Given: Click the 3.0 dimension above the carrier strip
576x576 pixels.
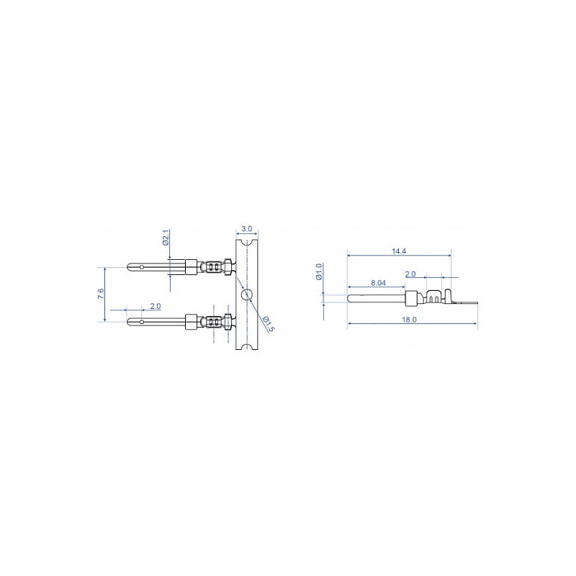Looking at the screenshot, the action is tap(247, 229).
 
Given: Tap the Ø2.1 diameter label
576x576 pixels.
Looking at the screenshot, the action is tap(165, 238).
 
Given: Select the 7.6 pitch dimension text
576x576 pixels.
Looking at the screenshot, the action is tap(101, 294).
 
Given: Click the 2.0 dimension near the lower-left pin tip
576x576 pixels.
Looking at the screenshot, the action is tap(156, 306).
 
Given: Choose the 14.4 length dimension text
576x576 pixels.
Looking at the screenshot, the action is tap(399, 251).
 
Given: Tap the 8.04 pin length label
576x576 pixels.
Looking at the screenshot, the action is tap(379, 283).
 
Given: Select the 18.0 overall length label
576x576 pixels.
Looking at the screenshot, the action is tap(409, 320).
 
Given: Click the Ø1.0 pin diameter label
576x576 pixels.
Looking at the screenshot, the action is tap(319, 271).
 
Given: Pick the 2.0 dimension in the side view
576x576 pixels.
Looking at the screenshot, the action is tap(410, 274).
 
